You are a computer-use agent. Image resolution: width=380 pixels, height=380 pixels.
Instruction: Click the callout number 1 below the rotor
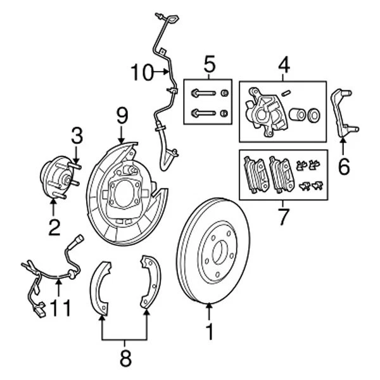click(210, 331)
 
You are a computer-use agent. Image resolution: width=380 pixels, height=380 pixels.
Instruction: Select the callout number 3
click(77, 135)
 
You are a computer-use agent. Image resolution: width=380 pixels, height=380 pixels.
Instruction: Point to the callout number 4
click(283, 65)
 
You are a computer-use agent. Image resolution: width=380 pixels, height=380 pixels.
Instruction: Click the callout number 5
click(210, 65)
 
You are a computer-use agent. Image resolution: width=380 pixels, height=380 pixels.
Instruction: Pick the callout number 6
click(343, 167)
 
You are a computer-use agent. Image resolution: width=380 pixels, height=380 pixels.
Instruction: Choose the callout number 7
click(283, 216)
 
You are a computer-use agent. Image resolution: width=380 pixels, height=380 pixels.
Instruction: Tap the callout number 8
click(125, 358)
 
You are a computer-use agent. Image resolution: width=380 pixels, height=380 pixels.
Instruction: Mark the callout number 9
click(122, 115)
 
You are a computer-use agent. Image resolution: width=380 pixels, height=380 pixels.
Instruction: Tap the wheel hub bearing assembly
click(55, 177)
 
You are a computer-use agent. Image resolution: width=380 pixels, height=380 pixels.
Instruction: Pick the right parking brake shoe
click(150, 281)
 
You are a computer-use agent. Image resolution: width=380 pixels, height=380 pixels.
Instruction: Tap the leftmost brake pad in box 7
click(255, 175)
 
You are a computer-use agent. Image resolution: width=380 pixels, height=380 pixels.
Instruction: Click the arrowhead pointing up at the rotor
click(210, 308)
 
